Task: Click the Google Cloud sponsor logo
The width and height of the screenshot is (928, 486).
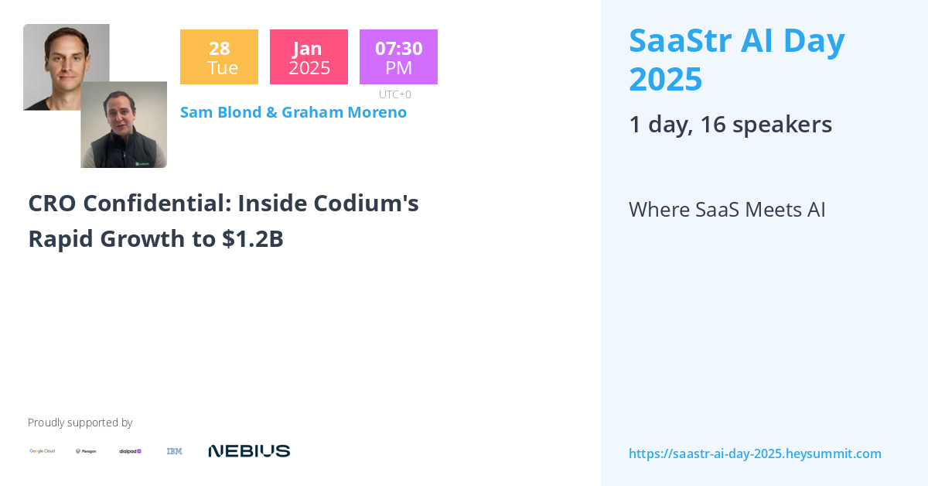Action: pyautogui.click(x=42, y=451)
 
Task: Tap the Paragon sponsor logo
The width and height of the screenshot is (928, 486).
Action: pyautogui.click(x=86, y=451)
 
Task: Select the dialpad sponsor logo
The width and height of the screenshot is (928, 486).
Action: pyautogui.click(x=130, y=451)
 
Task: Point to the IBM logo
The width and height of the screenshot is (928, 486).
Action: pyautogui.click(x=174, y=451)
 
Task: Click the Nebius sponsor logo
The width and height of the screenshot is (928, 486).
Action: pyautogui.click(x=249, y=451)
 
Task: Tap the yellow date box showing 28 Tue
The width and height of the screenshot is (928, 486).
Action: pyautogui.click(x=219, y=57)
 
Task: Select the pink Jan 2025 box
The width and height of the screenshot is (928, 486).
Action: pyautogui.click(x=309, y=57)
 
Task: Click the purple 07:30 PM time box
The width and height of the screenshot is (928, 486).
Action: pyautogui.click(x=398, y=57)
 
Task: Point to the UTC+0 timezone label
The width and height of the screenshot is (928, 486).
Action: pyautogui.click(x=394, y=94)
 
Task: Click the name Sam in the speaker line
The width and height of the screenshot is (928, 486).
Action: pyautogui.click(x=196, y=112)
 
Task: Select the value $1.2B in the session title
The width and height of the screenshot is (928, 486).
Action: pyautogui.click(x=253, y=239)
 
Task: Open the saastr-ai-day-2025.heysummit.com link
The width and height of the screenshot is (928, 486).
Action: pyautogui.click(x=755, y=453)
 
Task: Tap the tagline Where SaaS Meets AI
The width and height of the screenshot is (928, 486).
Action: pyautogui.click(x=727, y=210)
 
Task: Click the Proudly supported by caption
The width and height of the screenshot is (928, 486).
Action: pyautogui.click(x=80, y=423)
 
